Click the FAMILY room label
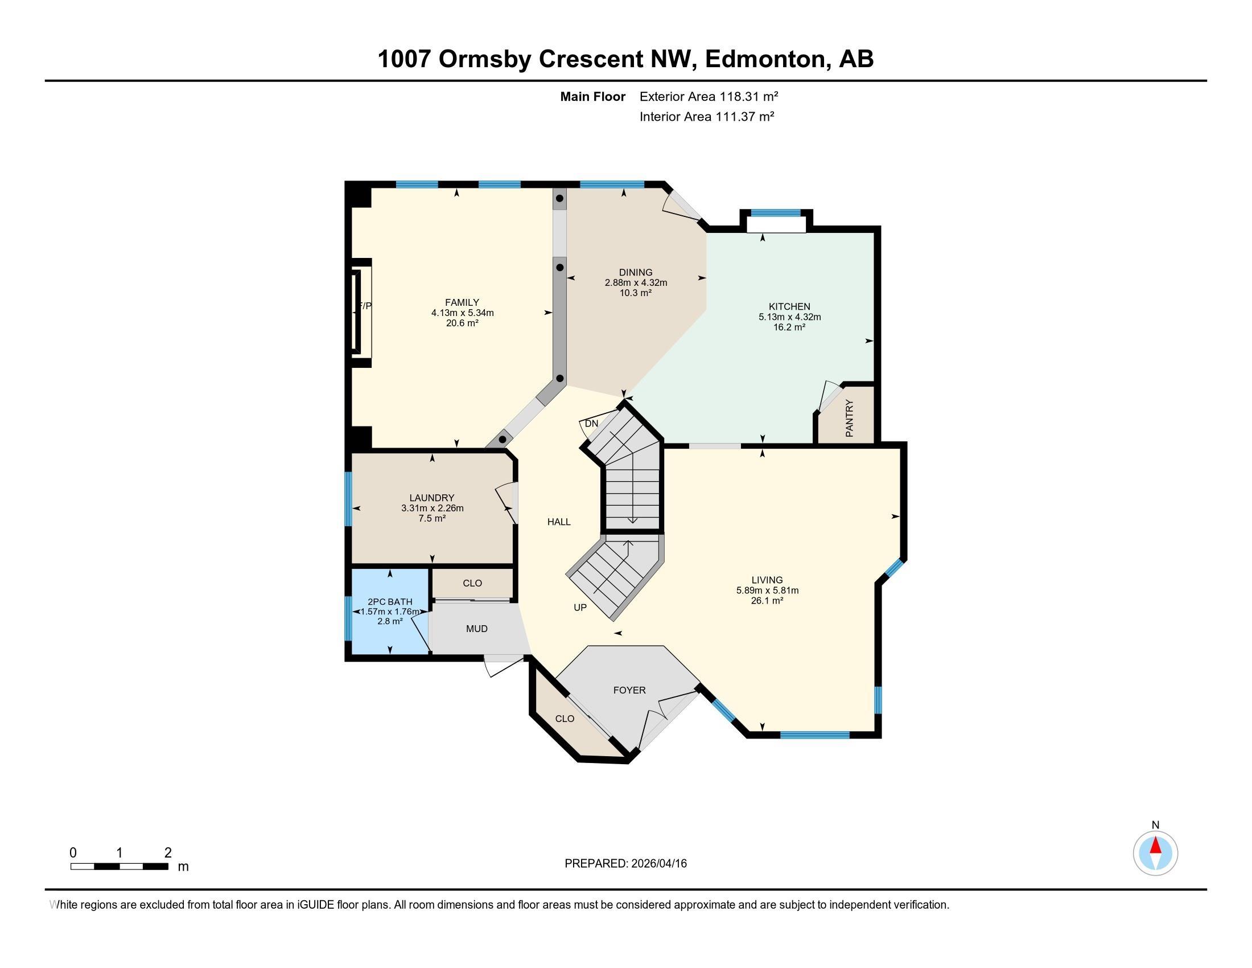tap(462, 302)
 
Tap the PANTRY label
tap(850, 418)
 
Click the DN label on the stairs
tap(592, 424)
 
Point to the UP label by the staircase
tap(580, 608)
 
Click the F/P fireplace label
tap(365, 306)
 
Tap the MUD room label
tap(476, 629)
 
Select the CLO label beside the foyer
tap(565, 719)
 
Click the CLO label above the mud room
tap(472, 583)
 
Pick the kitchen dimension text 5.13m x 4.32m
tap(789, 317)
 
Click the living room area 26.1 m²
tap(767, 600)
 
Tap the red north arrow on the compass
tap(1156, 846)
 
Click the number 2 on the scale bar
tap(168, 853)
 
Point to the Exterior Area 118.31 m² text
tap(709, 96)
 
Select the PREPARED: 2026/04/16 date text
tap(625, 864)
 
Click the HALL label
tap(559, 522)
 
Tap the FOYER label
tap(629, 690)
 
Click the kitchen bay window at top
tap(776, 213)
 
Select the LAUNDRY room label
tap(432, 498)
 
